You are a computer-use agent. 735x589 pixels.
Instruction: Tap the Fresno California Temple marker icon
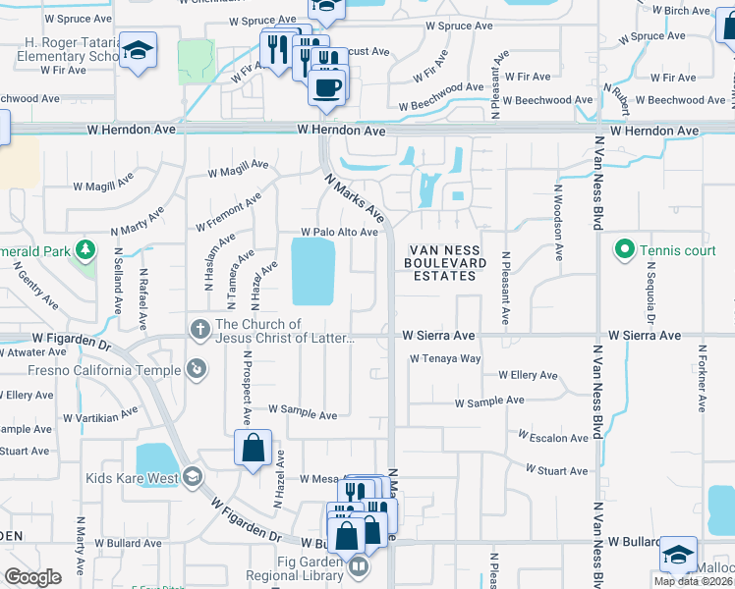[x=198, y=369]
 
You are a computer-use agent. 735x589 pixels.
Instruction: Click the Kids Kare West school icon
[x=193, y=478]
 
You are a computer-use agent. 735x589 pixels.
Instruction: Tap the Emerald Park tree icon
[x=86, y=250]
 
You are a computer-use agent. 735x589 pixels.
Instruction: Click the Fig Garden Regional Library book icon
[x=360, y=566]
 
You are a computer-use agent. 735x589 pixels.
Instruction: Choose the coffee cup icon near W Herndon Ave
[x=327, y=86]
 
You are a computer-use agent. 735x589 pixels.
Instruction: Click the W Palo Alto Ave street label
[x=340, y=233]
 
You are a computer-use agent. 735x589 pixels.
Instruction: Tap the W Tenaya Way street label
[x=445, y=359]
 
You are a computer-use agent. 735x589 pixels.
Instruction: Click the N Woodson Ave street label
[x=557, y=223]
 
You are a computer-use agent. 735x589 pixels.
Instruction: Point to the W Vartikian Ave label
[x=99, y=416]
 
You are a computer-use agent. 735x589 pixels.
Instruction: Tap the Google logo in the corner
[x=32, y=576]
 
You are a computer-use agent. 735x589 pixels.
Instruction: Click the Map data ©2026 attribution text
[x=694, y=581]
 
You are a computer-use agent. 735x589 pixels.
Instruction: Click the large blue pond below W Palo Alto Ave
[x=313, y=272]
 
